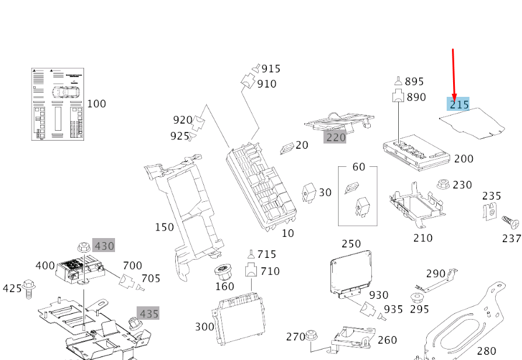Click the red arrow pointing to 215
tap(453, 73)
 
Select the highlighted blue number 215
tap(459, 104)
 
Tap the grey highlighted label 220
tap(336, 137)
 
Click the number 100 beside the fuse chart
tap(96, 104)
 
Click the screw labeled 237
tap(508, 222)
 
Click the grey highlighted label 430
tap(105, 246)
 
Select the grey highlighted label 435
tap(148, 314)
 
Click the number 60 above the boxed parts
tap(358, 167)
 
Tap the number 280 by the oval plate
tap(486, 351)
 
